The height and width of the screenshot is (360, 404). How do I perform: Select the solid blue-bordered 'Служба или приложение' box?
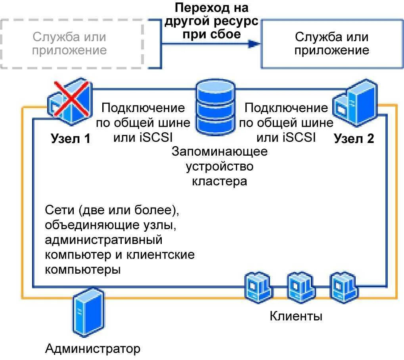pos(331,44)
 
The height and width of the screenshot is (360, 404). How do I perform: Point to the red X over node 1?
pos(71,99)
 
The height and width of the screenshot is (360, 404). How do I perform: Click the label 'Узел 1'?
pos(71,139)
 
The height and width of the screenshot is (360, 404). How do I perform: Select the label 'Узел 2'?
pos(354,138)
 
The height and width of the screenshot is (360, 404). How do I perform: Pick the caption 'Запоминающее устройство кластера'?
pos(220,166)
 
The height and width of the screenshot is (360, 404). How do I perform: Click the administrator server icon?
pos(88,311)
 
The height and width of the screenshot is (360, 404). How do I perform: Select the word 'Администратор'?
pos(93,349)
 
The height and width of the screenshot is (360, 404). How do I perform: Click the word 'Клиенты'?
pos(296,316)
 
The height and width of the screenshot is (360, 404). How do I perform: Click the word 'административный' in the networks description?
pos(104,240)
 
